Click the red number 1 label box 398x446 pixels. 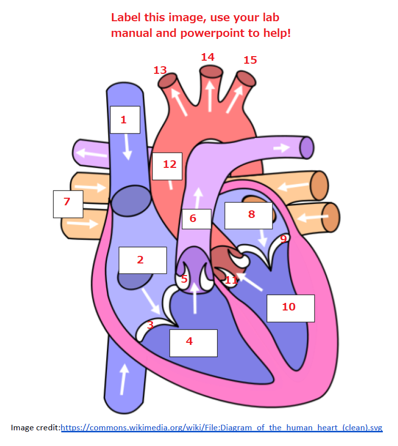coord(125,120)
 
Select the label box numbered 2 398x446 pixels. coord(142,260)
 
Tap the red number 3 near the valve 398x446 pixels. coord(150,325)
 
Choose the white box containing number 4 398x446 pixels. coord(193,343)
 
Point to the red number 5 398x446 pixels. coord(184,279)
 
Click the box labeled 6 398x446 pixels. coord(196,218)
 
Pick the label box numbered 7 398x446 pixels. coord(68,204)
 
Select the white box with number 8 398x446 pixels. coord(248,215)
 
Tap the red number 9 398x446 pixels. coord(283,238)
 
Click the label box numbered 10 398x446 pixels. coord(290,308)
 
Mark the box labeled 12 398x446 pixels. coord(167,165)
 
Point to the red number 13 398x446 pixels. coord(160,70)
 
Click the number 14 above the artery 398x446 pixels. coord(208,57)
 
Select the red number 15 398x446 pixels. coord(250,60)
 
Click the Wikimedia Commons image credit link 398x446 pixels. coord(221,428)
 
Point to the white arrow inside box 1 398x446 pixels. coord(128,147)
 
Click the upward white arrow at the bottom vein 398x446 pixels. coord(123,379)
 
